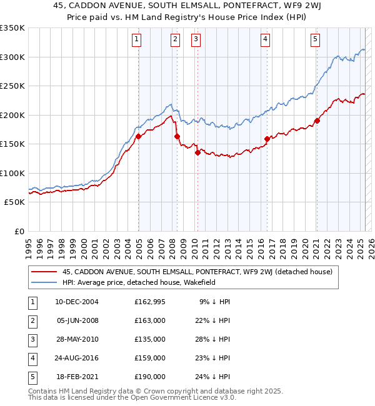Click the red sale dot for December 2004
(138, 137)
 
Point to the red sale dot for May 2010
(197, 152)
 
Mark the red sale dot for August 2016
(267, 139)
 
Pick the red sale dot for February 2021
(317, 121)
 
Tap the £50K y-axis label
(14, 202)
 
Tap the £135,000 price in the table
(150, 339)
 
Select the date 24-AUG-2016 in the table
(77, 358)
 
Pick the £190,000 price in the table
(150, 377)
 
